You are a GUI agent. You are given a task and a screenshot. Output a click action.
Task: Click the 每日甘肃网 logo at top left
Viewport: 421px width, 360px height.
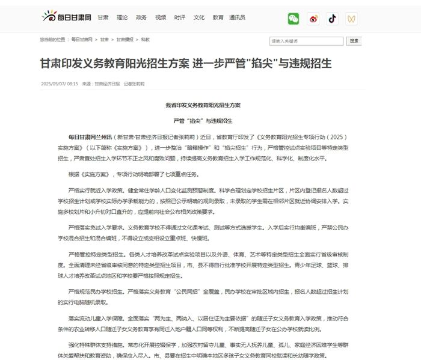point(66,17)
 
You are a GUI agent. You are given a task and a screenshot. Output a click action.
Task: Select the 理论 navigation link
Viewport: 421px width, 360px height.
point(122,17)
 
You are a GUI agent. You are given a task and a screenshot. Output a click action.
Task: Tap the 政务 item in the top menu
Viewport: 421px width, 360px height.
point(141,17)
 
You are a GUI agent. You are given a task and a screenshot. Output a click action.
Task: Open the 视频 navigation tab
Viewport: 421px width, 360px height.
point(161,17)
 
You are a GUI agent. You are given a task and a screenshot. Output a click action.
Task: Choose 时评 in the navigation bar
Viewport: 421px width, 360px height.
point(180,17)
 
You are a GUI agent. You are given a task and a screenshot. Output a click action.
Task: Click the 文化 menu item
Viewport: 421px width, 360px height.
point(199,17)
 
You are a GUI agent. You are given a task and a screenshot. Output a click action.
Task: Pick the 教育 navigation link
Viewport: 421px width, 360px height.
point(218,17)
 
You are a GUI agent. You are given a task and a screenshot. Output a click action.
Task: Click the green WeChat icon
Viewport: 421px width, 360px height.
point(293,19)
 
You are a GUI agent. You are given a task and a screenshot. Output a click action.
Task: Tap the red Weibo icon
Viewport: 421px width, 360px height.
point(313,19)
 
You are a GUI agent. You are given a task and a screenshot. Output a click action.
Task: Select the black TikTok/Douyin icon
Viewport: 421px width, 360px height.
point(332,19)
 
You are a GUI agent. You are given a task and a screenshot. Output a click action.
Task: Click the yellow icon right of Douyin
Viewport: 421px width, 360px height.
point(351,19)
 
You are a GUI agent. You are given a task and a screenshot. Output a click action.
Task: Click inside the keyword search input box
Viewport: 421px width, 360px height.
point(306,41)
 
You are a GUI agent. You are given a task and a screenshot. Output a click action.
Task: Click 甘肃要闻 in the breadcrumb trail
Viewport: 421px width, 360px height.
point(125,40)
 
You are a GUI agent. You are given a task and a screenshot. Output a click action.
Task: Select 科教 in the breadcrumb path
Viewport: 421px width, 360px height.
point(146,40)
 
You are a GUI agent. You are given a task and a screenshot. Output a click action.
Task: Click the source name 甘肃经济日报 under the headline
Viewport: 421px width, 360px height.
point(107,84)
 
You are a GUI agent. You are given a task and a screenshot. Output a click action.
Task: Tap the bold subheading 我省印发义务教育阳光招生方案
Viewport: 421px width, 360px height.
point(203,105)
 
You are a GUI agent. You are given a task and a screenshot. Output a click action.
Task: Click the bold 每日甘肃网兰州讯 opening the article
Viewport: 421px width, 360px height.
point(90,137)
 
